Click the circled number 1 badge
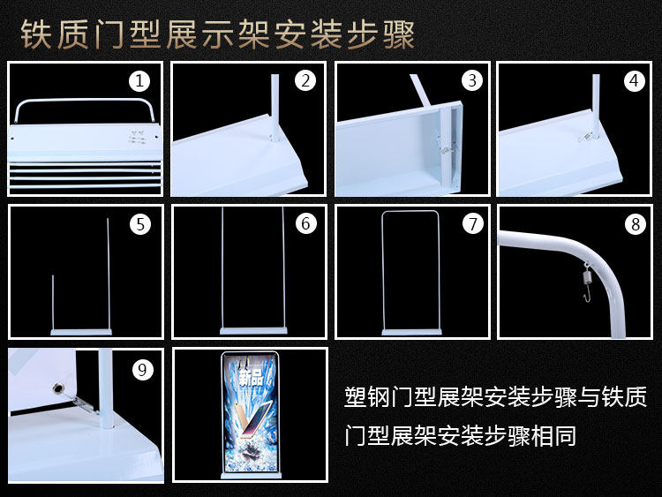point(139,80)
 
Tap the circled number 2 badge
point(305,80)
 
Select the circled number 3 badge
point(472,80)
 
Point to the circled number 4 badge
point(634,80)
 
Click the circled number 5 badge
point(140,224)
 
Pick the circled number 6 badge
point(305,224)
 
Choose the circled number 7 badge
point(472,224)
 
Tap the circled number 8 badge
point(636,224)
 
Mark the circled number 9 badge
point(142,370)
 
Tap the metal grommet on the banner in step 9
point(56,388)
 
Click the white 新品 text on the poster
point(251,377)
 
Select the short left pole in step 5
point(53,302)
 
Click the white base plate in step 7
point(412,332)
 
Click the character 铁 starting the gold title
point(35,34)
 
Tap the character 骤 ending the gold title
point(399,34)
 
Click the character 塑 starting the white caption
point(356,397)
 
